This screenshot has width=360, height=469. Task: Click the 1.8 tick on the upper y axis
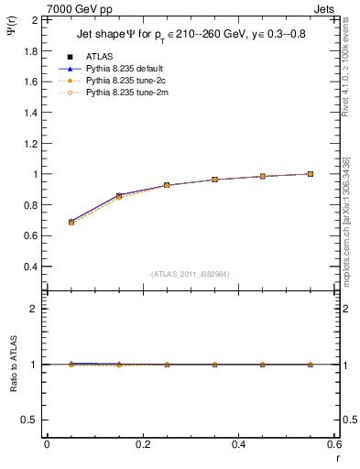(x=29, y=50)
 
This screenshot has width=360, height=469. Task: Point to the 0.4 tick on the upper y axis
(x=29, y=267)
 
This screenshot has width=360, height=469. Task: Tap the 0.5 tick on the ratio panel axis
(x=29, y=420)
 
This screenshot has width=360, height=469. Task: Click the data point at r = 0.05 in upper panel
(x=71, y=222)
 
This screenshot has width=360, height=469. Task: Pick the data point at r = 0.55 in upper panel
(x=311, y=174)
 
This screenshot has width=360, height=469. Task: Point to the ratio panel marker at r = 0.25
(x=167, y=365)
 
